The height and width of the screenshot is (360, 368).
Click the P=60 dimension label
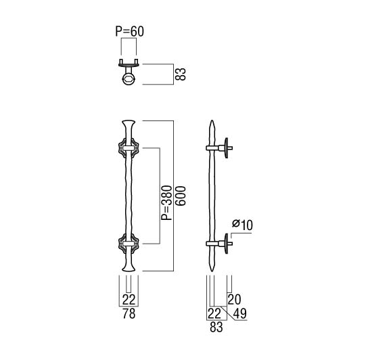click(x=130, y=32)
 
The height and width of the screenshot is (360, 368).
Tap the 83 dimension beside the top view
click(x=181, y=74)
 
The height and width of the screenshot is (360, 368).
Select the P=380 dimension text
click(x=167, y=202)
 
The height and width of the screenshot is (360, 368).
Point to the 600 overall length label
click(x=181, y=196)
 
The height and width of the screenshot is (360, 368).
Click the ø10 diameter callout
click(x=242, y=225)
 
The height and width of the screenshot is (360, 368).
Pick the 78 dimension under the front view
click(x=129, y=313)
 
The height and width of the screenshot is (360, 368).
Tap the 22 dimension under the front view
click(x=129, y=300)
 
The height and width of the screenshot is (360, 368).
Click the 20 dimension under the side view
click(x=234, y=299)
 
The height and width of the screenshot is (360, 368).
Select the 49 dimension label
click(x=240, y=313)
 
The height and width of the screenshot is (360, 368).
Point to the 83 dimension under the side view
click(x=216, y=327)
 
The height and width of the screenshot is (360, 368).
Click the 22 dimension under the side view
click(x=214, y=313)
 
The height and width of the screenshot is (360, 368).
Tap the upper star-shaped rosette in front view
click(x=129, y=148)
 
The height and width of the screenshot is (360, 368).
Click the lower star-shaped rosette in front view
click(x=129, y=244)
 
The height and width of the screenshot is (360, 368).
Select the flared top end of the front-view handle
click(x=129, y=124)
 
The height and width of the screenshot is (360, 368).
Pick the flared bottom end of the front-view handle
click(x=129, y=268)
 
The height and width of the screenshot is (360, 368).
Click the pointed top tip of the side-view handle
click(x=212, y=120)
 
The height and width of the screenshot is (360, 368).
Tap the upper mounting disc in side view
click(x=226, y=148)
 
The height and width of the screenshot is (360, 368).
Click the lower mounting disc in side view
click(x=226, y=244)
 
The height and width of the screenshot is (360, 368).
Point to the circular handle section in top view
click(x=129, y=79)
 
